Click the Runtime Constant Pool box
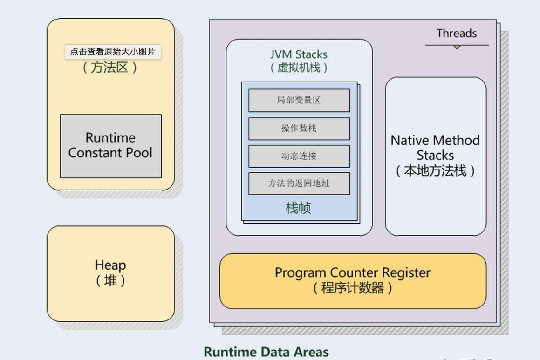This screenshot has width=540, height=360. click(110, 146)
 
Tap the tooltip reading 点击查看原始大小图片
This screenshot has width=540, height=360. click(113, 52)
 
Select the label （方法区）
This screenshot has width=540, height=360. click(110, 68)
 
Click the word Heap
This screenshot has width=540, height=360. click(110, 265)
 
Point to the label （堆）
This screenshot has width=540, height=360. click(110, 281)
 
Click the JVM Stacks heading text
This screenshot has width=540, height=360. click(299, 55)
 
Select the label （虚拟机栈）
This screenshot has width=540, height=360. click(299, 68)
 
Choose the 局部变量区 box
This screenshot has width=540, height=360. click(299, 100)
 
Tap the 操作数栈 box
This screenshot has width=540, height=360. click(299, 129)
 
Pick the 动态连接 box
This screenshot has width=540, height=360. click(299, 156)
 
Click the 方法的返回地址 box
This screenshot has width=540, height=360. click(299, 183)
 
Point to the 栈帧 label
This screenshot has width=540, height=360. click(298, 208)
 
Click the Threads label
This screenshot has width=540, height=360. click(456, 34)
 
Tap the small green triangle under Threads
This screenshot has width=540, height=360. click(457, 47)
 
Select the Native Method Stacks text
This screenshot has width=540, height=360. click(435, 148)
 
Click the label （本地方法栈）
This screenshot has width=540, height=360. click(435, 171)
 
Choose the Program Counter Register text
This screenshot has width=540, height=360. click(352, 272)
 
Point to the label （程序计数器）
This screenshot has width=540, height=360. click(352, 288)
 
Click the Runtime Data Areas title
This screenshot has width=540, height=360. click(266, 352)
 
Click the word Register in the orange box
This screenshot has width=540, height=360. click(406, 272)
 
